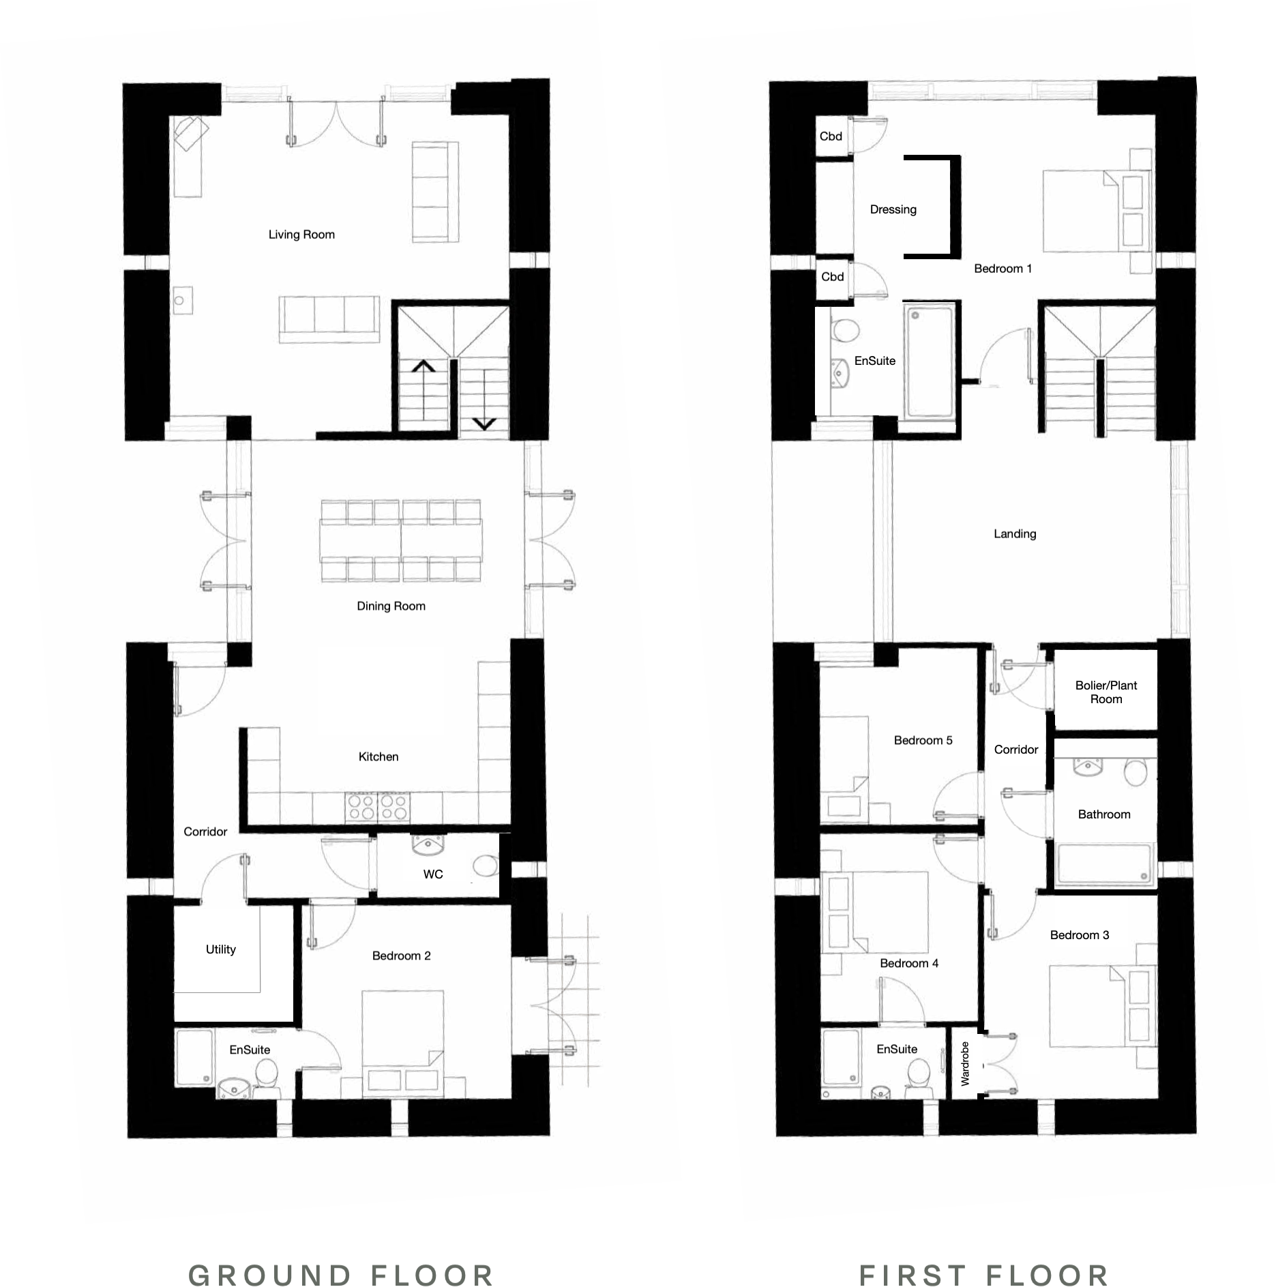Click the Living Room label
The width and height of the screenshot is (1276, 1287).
click(301, 235)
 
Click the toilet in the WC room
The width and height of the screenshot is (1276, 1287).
click(485, 866)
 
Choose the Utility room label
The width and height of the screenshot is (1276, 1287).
click(220, 949)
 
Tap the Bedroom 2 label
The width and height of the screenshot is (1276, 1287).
click(401, 956)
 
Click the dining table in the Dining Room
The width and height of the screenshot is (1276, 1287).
click(400, 541)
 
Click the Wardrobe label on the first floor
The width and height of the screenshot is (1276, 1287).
click(965, 1063)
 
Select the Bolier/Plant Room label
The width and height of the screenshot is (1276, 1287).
click(1106, 692)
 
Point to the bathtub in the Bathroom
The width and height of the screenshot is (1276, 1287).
click(1103, 865)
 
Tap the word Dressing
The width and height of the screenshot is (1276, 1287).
click(893, 209)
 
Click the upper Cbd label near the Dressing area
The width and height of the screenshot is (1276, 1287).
click(831, 136)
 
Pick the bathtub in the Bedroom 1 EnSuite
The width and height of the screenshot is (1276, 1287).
click(928, 361)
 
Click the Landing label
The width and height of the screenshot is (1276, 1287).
click(1014, 534)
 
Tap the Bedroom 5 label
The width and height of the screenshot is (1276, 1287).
click(923, 740)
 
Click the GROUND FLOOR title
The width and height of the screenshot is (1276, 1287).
click(341, 1275)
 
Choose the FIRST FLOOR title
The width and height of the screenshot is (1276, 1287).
click(983, 1275)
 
